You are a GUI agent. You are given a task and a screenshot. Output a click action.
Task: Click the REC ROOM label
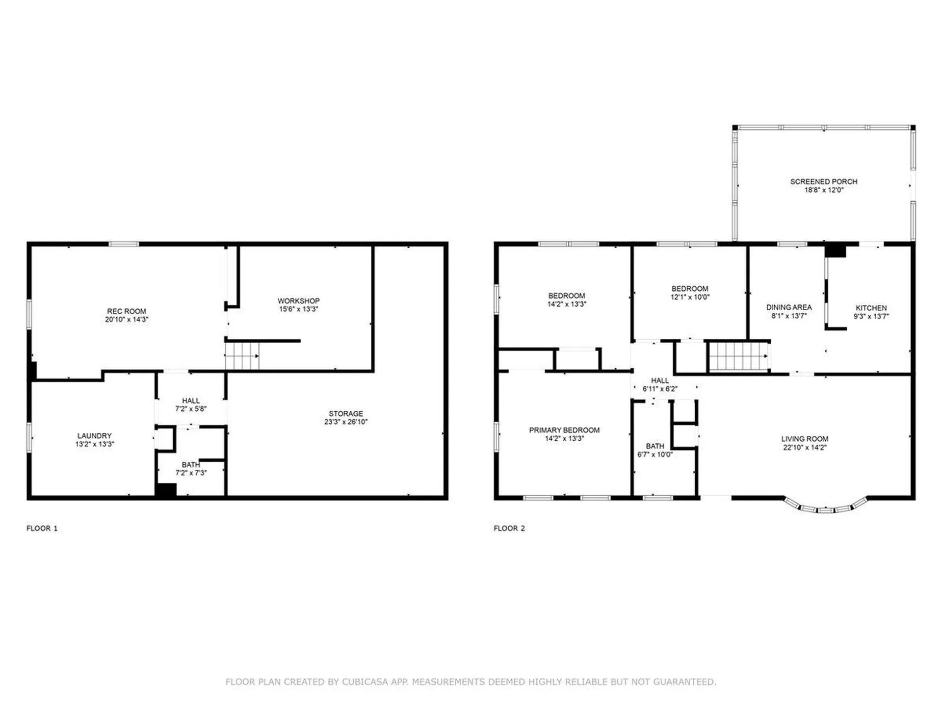tap(127, 311)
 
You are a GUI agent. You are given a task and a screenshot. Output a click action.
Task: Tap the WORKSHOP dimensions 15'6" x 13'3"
tap(298, 309)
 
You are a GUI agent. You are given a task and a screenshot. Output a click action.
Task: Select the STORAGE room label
tap(346, 414)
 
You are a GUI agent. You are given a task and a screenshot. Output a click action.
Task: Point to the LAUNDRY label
tap(94, 436)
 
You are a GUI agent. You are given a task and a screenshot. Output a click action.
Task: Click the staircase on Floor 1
tap(242, 355)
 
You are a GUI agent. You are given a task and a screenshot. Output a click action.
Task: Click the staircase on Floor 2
tap(738, 356)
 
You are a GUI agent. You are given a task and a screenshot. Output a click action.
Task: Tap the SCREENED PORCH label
tap(824, 181)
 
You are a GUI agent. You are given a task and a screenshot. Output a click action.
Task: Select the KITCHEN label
tap(871, 308)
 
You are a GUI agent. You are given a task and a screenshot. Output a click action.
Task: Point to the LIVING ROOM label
tap(805, 439)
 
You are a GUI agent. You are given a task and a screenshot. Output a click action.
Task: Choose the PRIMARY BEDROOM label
tap(564, 430)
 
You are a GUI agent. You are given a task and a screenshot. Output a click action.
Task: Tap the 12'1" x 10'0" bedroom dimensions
tap(690, 297)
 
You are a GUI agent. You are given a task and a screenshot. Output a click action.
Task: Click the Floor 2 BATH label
tap(655, 446)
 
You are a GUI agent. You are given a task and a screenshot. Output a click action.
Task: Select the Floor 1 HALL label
tap(191, 401)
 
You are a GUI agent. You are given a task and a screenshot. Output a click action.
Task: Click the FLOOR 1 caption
tap(42, 528)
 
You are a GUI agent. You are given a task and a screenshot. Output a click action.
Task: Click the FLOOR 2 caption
tap(509, 528)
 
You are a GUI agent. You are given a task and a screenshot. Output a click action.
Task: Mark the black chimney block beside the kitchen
tap(835, 251)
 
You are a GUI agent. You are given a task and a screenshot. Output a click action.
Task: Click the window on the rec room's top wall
tap(124, 244)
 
